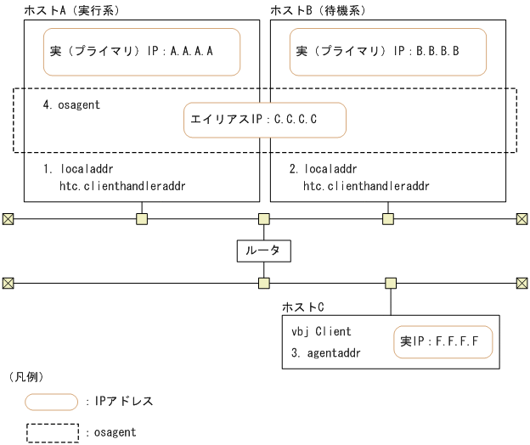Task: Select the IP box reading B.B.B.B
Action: [387, 51]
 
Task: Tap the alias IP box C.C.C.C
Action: [265, 121]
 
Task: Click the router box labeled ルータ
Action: [263, 251]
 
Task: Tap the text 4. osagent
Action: [71, 104]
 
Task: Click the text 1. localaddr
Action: [78, 169]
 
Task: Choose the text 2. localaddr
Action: [323, 169]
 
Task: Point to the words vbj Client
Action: [321, 331]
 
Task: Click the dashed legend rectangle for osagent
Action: [53, 431]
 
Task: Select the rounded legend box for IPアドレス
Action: [53, 400]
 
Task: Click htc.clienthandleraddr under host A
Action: [122, 184]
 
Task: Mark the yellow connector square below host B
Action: [388, 218]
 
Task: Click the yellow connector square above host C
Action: [391, 283]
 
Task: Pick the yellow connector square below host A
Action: [142, 218]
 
